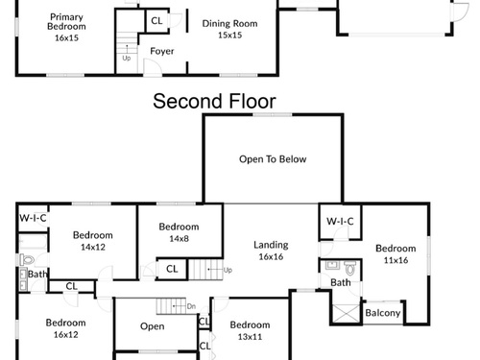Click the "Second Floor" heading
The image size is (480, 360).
[x=214, y=101]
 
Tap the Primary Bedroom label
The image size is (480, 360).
[x=66, y=21]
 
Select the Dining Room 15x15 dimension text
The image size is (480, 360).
[x=229, y=36]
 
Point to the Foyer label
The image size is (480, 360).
[x=162, y=51]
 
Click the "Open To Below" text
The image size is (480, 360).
[x=273, y=159]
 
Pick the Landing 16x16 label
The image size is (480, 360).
[x=271, y=251]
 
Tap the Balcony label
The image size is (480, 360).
[x=383, y=313]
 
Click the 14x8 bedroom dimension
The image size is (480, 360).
[x=179, y=238]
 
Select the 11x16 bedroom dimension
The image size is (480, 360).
[x=396, y=260]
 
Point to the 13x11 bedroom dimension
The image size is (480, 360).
[x=250, y=337]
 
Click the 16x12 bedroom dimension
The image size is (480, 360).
[x=65, y=334]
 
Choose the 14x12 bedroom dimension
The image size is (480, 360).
[x=93, y=247]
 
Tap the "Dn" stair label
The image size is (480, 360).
[x=191, y=306]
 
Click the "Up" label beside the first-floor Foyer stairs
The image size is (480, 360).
[x=127, y=59]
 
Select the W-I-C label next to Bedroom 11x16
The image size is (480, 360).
[x=340, y=221]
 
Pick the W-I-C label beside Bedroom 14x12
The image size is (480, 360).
[x=33, y=218]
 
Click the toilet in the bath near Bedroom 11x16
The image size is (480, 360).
[x=350, y=268]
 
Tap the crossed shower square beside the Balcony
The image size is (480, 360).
[x=347, y=313]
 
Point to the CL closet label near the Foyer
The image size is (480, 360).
[x=156, y=21]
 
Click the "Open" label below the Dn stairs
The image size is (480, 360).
[x=153, y=326]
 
